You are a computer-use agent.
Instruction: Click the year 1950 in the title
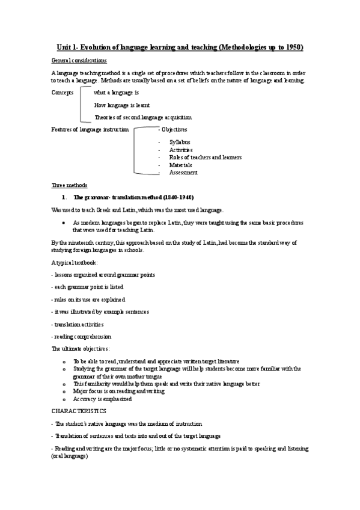[x=293, y=47]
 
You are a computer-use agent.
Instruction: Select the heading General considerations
[x=79, y=61]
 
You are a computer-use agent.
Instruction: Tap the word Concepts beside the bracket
[x=63, y=93]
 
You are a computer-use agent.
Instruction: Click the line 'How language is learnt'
[x=122, y=105]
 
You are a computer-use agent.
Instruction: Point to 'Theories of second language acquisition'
[x=143, y=117]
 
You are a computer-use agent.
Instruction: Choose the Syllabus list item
[x=180, y=142]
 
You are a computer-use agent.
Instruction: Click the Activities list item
[x=181, y=150]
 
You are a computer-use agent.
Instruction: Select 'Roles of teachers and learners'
[x=205, y=157]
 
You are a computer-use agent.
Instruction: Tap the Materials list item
[x=180, y=165]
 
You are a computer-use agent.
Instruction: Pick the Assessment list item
[x=183, y=173]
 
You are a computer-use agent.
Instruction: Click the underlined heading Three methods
[x=70, y=185]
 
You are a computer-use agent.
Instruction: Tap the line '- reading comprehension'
[x=82, y=337]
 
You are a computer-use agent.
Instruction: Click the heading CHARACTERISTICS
[x=79, y=411]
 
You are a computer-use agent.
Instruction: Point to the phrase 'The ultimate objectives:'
[x=81, y=349]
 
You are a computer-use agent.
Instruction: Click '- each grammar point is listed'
[x=88, y=287]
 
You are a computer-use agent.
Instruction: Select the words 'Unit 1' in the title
[x=68, y=47]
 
